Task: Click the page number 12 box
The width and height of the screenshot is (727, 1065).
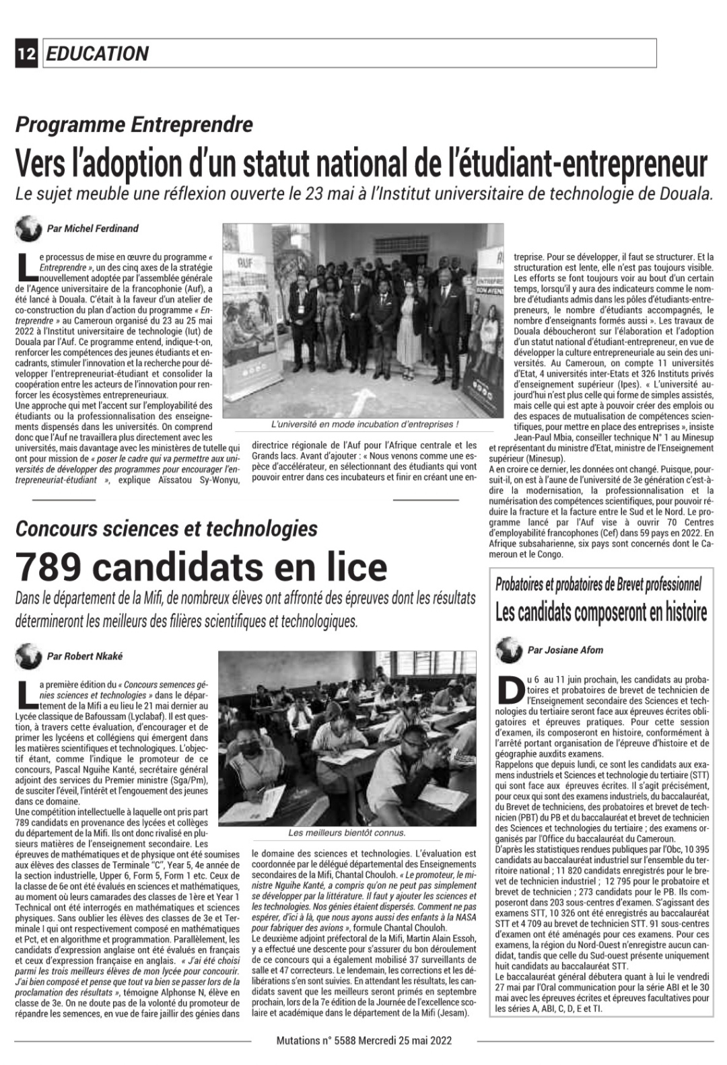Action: tap(27, 54)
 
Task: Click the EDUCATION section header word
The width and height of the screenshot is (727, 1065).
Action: tap(98, 54)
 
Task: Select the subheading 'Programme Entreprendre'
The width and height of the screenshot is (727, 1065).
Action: tap(135, 124)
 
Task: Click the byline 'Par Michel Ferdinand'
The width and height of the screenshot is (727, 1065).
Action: tap(92, 229)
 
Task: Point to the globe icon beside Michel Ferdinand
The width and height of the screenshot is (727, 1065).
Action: tap(28, 229)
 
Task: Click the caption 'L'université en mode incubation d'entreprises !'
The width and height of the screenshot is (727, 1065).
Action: tap(364, 425)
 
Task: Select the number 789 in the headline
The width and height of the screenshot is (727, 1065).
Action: tap(50, 566)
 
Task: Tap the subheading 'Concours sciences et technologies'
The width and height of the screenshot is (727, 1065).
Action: tap(166, 529)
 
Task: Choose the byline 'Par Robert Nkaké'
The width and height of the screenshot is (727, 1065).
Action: tap(85, 656)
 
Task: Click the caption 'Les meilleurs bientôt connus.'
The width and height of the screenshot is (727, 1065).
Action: tap(347, 833)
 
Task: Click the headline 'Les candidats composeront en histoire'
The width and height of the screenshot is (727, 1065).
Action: tap(601, 612)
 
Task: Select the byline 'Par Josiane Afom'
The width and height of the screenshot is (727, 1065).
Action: tap(565, 650)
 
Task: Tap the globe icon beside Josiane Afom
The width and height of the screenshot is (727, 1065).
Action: tap(509, 650)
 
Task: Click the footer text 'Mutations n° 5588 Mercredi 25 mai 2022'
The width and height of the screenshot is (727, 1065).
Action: tap(364, 1040)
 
